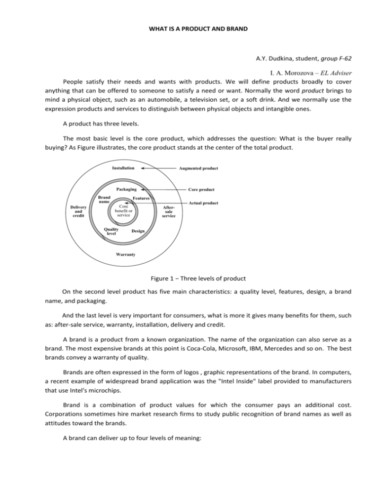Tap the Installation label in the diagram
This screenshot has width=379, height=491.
tap(121, 167)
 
